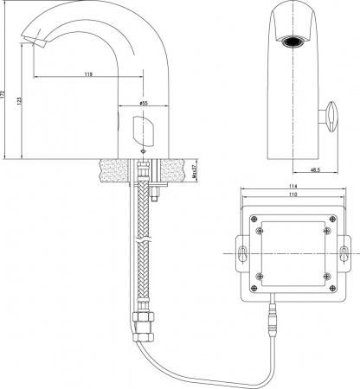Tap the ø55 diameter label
click(x=143, y=103)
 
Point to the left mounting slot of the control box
click(x=243, y=254)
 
